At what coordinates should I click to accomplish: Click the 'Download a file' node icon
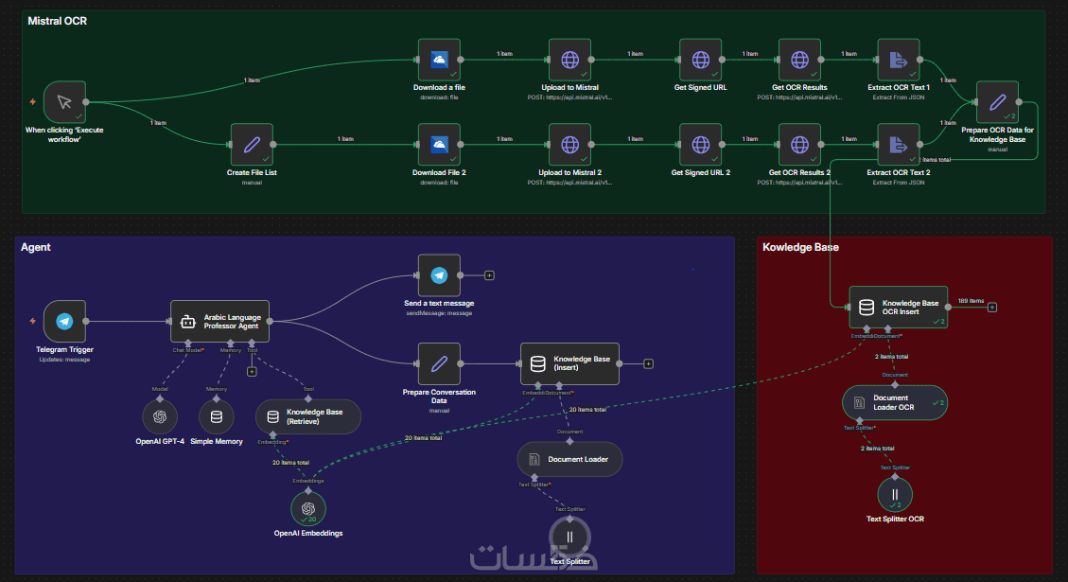click(x=439, y=60)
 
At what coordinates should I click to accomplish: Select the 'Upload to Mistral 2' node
click(x=569, y=144)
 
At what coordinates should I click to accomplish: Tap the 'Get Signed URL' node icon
click(x=700, y=60)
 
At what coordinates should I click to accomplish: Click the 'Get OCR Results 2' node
click(x=799, y=144)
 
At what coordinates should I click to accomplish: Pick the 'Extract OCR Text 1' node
click(x=899, y=60)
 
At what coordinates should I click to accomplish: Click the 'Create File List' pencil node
click(x=252, y=144)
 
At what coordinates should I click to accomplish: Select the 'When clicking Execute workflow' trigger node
click(x=64, y=102)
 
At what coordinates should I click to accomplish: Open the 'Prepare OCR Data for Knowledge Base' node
click(x=996, y=102)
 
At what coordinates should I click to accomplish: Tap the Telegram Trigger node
click(x=64, y=321)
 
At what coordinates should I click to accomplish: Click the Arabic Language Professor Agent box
click(x=219, y=321)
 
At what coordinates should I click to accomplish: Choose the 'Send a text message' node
click(x=439, y=274)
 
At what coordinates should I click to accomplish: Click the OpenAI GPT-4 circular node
click(x=160, y=416)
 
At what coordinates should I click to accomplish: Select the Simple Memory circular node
click(x=217, y=416)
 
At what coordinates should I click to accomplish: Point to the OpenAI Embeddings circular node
click(x=307, y=509)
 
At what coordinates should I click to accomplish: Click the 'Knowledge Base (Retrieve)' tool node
click(x=308, y=416)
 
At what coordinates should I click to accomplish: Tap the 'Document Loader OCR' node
click(x=895, y=402)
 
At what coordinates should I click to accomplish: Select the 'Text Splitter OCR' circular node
click(x=895, y=494)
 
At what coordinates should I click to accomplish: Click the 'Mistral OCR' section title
click(x=57, y=20)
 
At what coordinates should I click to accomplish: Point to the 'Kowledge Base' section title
click(x=800, y=247)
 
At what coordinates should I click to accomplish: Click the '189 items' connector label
click(x=971, y=300)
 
